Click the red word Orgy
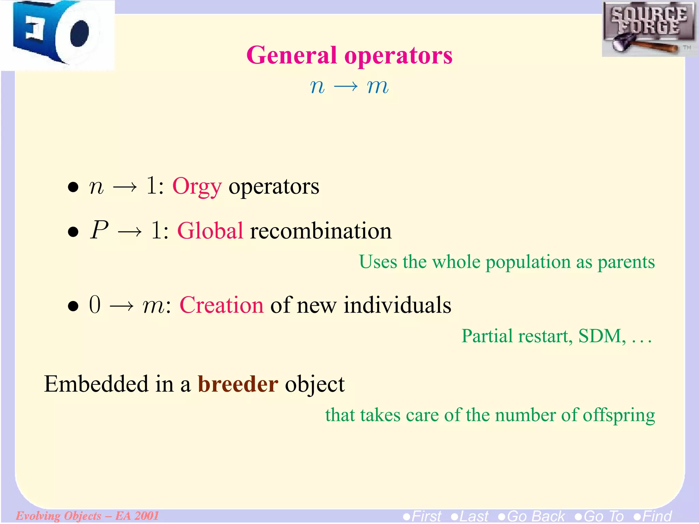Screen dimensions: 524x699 click(197, 187)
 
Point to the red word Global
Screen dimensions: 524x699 click(210, 231)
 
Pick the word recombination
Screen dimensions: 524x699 click(321, 231)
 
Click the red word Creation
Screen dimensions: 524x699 click(222, 305)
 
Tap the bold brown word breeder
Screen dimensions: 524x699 click(238, 384)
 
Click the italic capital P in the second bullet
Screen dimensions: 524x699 click(99, 230)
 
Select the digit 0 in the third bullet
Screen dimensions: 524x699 click(95, 305)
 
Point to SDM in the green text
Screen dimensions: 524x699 click(601, 336)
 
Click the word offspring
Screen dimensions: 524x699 click(618, 416)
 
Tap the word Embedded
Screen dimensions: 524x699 click(97, 384)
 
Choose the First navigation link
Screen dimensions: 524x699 click(423, 516)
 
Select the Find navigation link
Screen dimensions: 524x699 click(653, 516)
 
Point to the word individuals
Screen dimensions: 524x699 click(397, 305)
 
